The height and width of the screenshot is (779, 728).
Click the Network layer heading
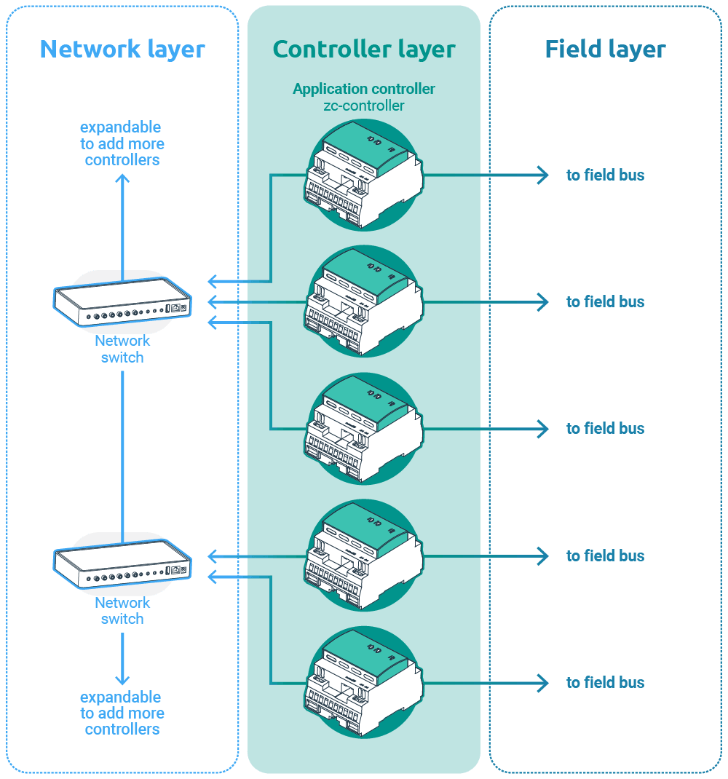coord(122,49)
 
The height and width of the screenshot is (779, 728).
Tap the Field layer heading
coord(605,49)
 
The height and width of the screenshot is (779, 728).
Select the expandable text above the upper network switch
coord(122,143)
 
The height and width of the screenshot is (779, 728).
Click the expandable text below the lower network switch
coord(122,713)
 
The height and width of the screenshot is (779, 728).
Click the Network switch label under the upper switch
coord(122,349)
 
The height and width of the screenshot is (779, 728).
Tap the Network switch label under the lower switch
coord(122,610)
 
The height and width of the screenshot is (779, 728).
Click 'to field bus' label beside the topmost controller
coord(605,175)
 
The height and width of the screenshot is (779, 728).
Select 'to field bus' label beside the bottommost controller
coord(605,682)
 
